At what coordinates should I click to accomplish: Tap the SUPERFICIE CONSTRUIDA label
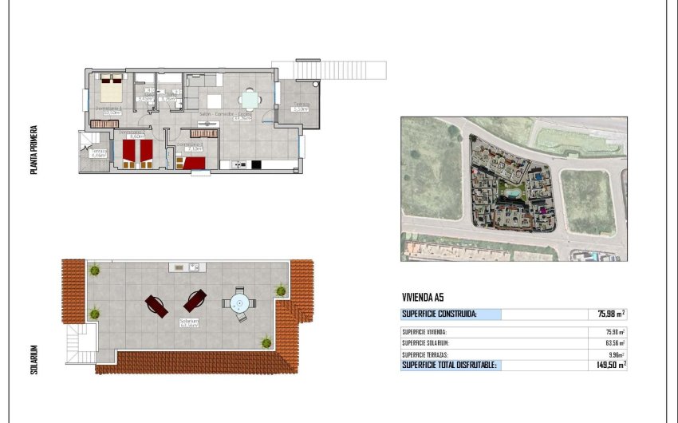(440, 314)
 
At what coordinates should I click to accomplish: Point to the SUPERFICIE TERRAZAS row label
(424, 354)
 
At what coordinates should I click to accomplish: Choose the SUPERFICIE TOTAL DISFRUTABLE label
(450, 365)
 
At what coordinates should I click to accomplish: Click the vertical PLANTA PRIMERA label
(34, 148)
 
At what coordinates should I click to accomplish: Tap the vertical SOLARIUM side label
(34, 359)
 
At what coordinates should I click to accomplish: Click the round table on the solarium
(240, 303)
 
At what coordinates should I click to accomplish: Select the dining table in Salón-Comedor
(250, 101)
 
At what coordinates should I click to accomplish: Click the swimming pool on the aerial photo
(509, 192)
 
